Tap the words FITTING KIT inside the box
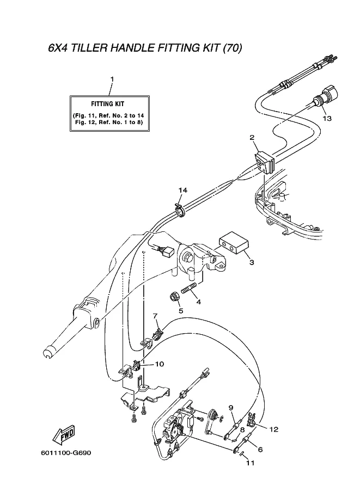click(107, 103)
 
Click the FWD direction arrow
click(64, 434)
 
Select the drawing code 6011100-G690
click(66, 452)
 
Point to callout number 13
click(327, 118)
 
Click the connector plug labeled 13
click(325, 95)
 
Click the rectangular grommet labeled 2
click(264, 162)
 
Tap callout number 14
click(182, 190)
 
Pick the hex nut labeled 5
click(174, 297)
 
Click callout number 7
click(155, 316)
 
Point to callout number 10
click(160, 364)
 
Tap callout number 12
click(274, 429)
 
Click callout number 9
click(231, 407)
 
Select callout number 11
click(250, 463)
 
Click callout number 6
click(260, 450)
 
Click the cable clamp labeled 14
click(180, 210)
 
